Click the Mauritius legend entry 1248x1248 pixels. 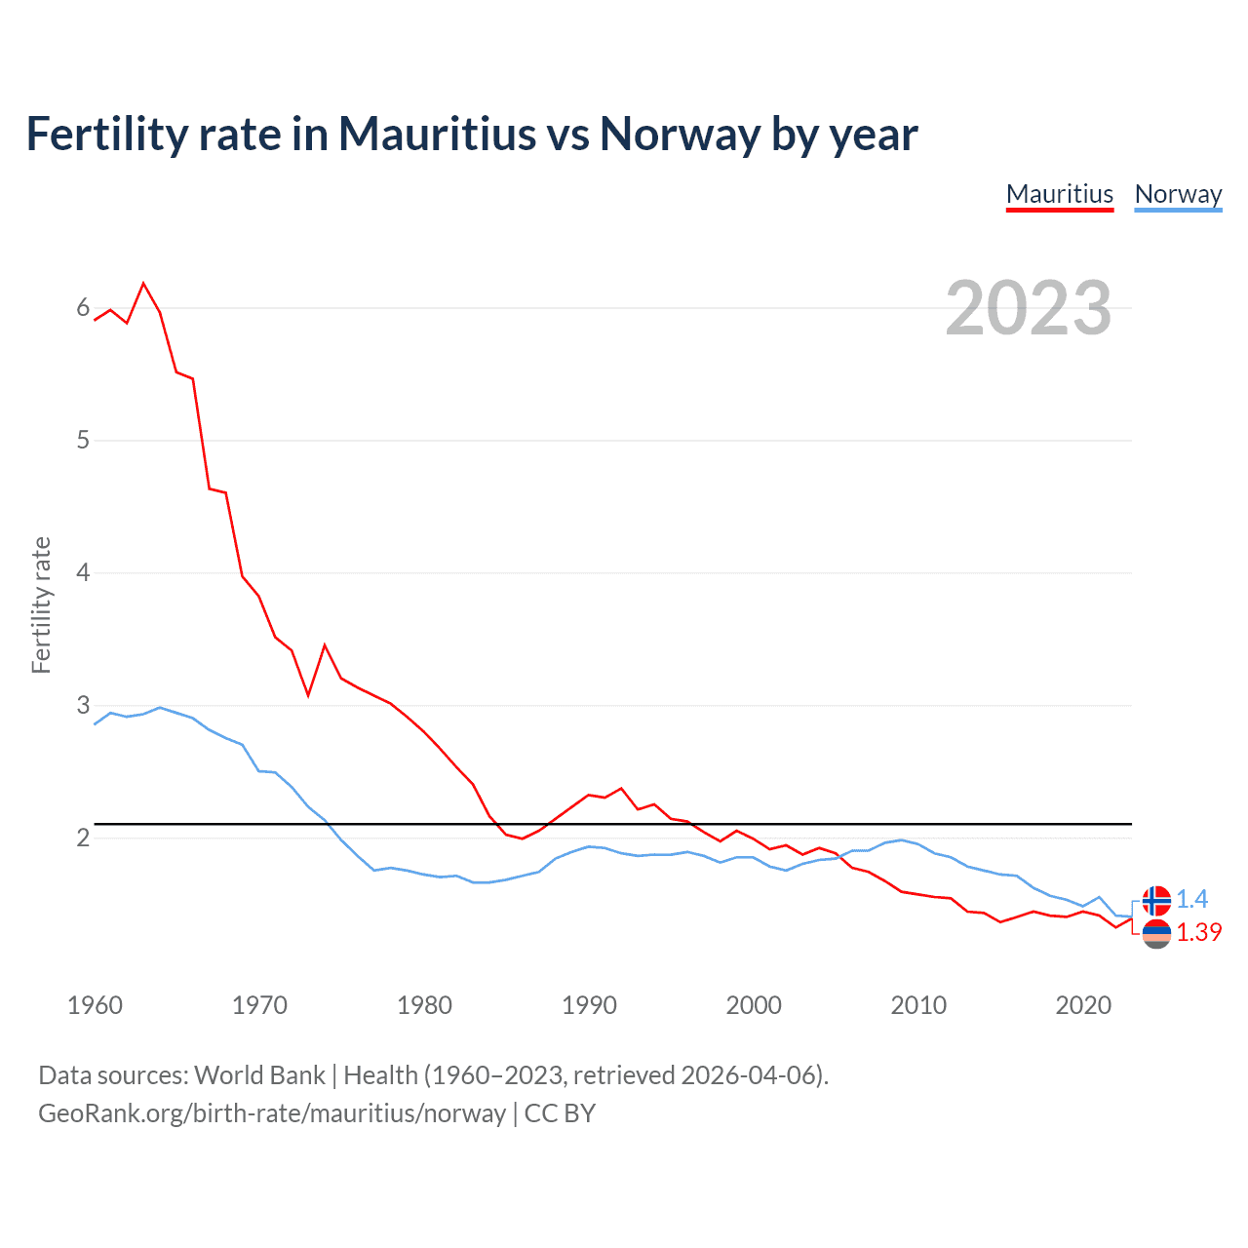pyautogui.click(x=1059, y=194)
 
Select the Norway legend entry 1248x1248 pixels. pyautogui.click(x=1178, y=194)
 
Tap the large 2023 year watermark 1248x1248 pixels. pyautogui.click(x=1029, y=308)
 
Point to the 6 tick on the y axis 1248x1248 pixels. pyautogui.click(x=83, y=308)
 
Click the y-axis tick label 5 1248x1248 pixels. pyautogui.click(x=83, y=441)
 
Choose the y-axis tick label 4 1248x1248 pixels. pyautogui.click(x=83, y=572)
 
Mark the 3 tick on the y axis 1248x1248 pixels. pyautogui.click(x=83, y=705)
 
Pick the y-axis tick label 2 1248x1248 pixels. pyautogui.click(x=83, y=838)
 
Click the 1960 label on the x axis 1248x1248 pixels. pyautogui.click(x=95, y=1005)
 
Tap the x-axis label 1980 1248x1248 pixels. pyautogui.click(x=424, y=1005)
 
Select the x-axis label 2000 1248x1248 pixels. pyautogui.click(x=754, y=1005)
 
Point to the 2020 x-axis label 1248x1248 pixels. pyautogui.click(x=1083, y=1005)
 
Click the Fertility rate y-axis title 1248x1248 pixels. pyautogui.click(x=41, y=604)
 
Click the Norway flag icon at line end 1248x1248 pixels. pyautogui.click(x=1156, y=900)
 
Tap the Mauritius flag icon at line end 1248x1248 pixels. pyautogui.click(x=1156, y=934)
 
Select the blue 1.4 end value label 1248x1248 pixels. pyautogui.click(x=1191, y=899)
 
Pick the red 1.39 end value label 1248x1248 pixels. pyautogui.click(x=1198, y=933)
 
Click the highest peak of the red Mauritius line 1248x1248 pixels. pyautogui.click(x=144, y=284)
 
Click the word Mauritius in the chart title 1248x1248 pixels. pyautogui.click(x=438, y=135)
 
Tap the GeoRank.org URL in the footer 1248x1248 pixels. pyautogui.click(x=272, y=1113)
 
